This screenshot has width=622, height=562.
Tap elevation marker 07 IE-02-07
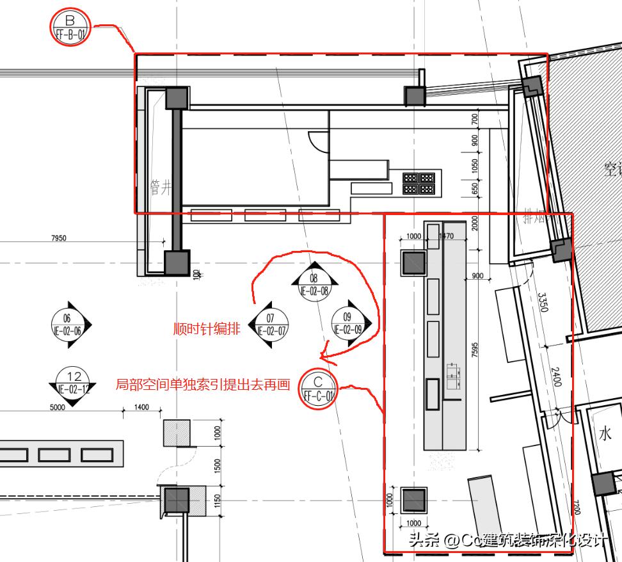point(269,325)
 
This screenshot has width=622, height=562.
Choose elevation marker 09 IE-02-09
point(348,323)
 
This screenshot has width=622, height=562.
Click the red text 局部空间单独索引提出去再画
point(203,385)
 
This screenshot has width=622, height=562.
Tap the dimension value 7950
point(58,238)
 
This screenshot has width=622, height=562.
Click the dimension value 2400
point(556,376)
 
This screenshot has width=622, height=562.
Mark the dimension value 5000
point(58,407)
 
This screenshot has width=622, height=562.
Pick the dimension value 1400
point(141,407)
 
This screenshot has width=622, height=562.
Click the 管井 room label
point(161,187)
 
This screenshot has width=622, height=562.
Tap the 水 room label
point(605,435)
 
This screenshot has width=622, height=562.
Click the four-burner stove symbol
point(419,183)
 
